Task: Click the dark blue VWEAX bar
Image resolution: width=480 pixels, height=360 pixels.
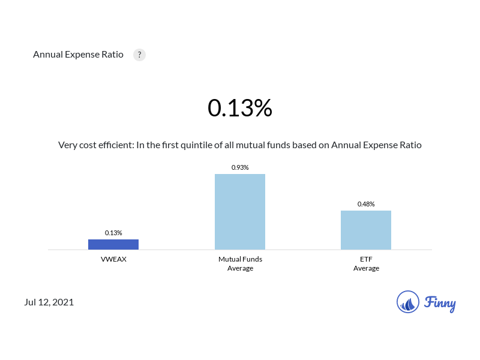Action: coord(113,244)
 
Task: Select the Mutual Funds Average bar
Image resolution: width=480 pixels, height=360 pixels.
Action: coord(240,211)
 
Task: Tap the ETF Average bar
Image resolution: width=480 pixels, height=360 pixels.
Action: coord(366,230)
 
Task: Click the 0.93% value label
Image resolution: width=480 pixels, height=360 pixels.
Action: coord(240,167)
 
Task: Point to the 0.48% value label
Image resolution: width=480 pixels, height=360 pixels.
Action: coord(366,204)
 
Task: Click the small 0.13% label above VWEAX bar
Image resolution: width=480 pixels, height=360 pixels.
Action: coord(113,233)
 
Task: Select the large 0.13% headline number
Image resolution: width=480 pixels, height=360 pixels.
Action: coord(240,108)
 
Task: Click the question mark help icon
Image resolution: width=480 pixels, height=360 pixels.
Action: coord(139,55)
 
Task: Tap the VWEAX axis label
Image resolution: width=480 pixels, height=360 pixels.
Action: coord(113,260)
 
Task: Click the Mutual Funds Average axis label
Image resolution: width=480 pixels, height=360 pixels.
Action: coord(240,264)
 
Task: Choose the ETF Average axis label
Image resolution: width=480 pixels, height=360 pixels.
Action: coord(366,264)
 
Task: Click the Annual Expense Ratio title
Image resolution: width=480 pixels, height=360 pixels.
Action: coord(78,55)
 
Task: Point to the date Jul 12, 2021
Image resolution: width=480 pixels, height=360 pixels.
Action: coord(49,302)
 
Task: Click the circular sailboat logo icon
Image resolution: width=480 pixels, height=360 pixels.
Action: coord(408,302)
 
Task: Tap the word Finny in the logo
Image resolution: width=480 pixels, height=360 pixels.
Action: coord(440,303)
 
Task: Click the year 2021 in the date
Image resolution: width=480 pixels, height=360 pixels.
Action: coord(63,302)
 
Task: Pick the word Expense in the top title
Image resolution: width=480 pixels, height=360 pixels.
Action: coord(82,55)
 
